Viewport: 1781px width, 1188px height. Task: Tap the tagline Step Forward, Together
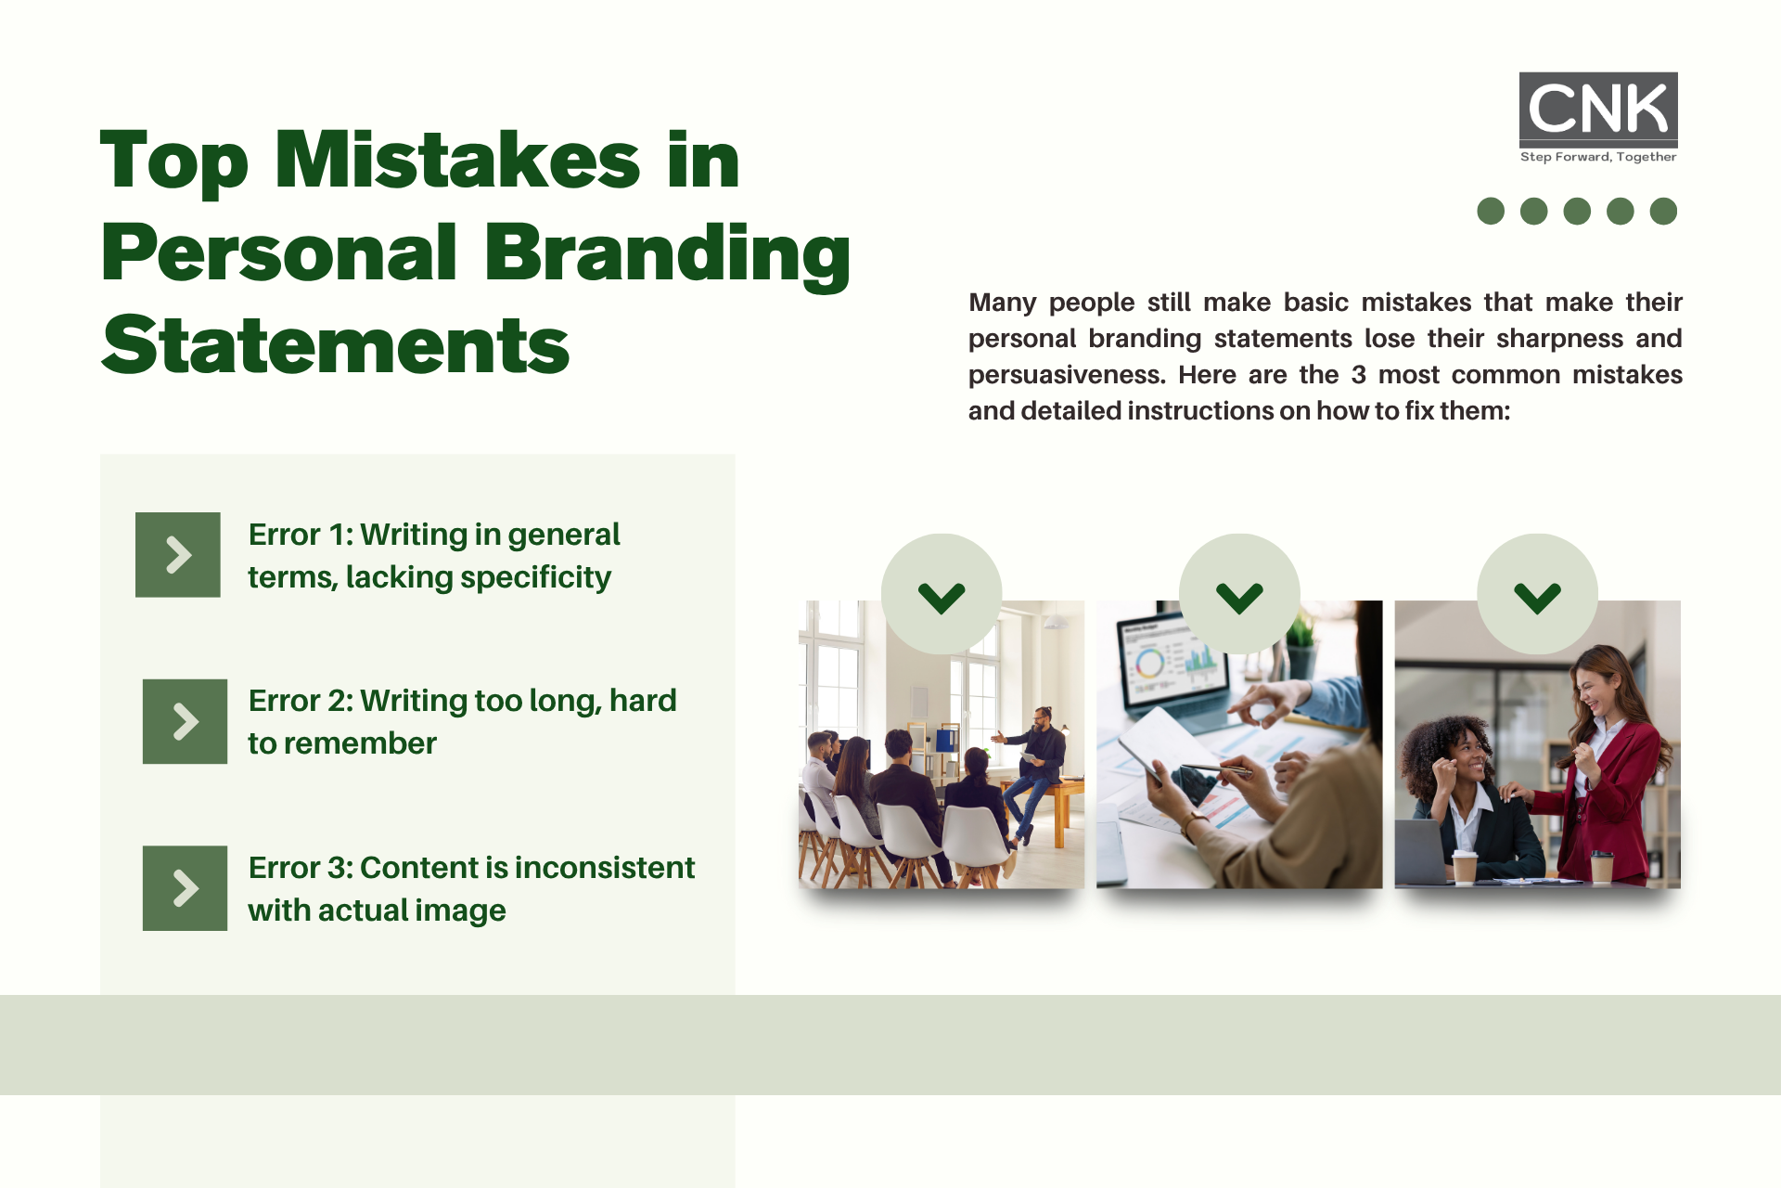tap(1598, 157)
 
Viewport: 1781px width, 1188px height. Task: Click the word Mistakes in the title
tap(458, 160)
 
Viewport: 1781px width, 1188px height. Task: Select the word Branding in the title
tap(667, 253)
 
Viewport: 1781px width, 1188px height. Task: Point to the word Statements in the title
tap(336, 344)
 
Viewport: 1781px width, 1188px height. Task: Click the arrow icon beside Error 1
tap(178, 555)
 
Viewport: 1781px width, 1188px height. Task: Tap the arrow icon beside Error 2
tap(185, 721)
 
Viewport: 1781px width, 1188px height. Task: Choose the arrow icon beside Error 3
tap(185, 888)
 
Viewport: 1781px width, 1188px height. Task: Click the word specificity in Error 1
tap(535, 578)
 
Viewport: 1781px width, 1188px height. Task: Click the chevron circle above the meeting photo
tap(942, 594)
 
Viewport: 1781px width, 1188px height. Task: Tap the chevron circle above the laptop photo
tap(1239, 594)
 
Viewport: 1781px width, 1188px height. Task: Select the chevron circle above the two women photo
tap(1537, 594)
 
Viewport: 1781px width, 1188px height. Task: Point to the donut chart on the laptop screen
tap(1149, 663)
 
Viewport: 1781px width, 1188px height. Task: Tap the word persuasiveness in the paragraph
tap(1067, 375)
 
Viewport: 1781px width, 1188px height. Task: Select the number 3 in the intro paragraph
tap(1359, 375)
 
